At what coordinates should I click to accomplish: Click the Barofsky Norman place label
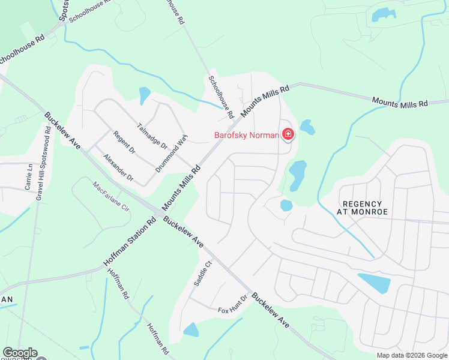246,135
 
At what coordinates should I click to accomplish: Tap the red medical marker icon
288,134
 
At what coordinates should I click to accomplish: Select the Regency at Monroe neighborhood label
364,208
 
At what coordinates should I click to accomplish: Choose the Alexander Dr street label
118,168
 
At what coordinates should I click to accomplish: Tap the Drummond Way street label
172,154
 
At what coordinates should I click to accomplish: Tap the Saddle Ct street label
201,273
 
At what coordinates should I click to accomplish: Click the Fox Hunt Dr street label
233,305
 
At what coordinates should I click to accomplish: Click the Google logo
20,353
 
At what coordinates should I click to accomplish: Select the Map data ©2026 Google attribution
411,355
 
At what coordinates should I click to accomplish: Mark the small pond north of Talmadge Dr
144,95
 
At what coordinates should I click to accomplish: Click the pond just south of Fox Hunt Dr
190,329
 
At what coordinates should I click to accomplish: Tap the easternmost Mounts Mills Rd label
400,103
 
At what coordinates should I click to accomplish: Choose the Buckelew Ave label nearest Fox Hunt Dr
270,310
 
